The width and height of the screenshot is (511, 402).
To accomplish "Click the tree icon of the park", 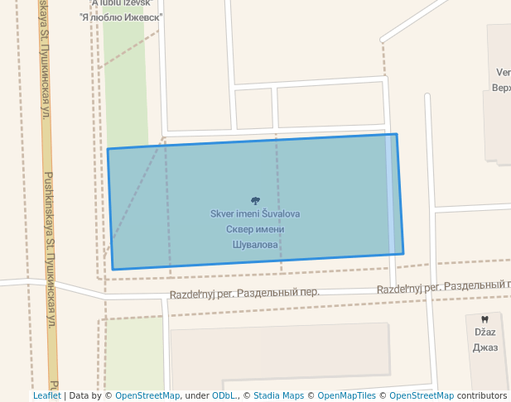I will [x=255, y=201].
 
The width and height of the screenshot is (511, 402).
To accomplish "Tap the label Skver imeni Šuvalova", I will [x=255, y=214].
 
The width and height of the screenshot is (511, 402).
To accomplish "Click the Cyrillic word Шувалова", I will [x=255, y=246].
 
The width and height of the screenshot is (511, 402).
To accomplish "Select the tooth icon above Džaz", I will [x=484, y=318].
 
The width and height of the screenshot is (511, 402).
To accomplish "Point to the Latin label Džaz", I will [x=484, y=332].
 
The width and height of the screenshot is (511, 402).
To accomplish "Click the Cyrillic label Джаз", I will [x=484, y=347].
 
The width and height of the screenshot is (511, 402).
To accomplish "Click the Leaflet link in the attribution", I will [x=46, y=396].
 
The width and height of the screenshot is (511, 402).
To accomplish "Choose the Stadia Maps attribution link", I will [x=278, y=396].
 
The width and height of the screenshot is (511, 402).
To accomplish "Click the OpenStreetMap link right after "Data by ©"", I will [x=147, y=396].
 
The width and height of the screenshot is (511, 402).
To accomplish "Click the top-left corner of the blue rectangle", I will [x=108, y=149].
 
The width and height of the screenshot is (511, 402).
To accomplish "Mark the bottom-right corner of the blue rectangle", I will [x=403, y=254].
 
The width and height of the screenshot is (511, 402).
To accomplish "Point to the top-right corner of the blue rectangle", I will [x=396, y=134].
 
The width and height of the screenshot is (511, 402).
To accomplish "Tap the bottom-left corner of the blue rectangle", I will [x=113, y=269].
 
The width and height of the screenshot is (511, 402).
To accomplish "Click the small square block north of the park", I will [x=253, y=108].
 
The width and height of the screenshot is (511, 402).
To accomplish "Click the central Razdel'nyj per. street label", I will [x=244, y=294].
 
